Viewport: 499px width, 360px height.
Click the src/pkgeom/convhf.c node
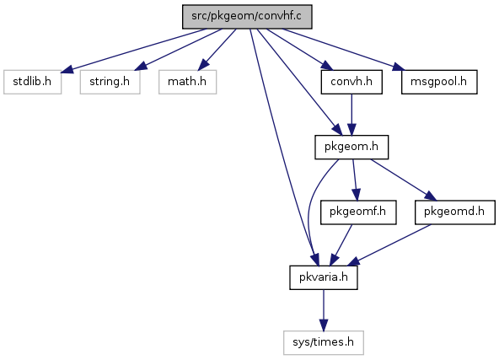pos(247,17)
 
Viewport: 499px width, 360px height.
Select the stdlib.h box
pos(33,82)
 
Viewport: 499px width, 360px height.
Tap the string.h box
pos(110,82)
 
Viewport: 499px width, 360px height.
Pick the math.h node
pos(187,82)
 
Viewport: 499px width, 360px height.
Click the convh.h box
pos(351,82)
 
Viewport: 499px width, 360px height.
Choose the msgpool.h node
pos(439,82)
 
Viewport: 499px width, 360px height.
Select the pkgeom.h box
pos(351,147)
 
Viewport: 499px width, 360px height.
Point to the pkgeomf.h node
pos(358,212)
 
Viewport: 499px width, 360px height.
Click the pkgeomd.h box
pos(455,212)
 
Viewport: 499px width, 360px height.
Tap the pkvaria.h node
pos(324,277)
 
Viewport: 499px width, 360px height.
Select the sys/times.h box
pos(324,342)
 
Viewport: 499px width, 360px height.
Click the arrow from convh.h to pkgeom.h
pos(351,115)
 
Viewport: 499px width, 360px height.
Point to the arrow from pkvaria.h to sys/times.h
pos(324,310)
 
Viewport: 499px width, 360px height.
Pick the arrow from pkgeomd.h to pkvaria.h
pos(389,244)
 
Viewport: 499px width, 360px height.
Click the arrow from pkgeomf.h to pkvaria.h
pos(341,244)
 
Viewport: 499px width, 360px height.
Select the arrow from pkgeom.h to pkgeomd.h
pos(404,180)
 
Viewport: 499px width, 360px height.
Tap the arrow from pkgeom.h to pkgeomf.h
pos(355,180)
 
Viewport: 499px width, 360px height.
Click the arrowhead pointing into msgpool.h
pos(398,67)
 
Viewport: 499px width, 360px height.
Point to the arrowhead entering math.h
pos(204,65)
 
